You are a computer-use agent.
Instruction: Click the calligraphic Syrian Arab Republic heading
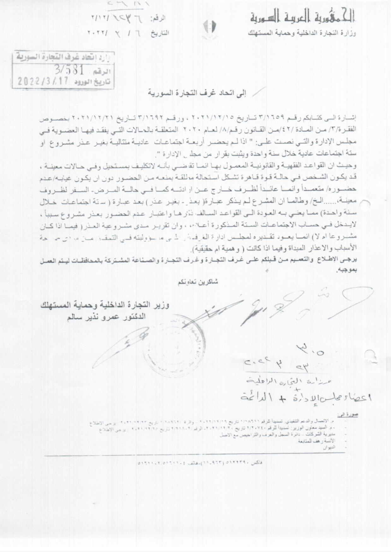tap(303, 17)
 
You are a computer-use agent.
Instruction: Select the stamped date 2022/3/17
tap(43, 81)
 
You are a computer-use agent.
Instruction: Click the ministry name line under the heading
tap(302, 33)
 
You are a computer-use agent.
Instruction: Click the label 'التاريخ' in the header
tap(160, 33)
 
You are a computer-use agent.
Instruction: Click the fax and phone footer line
tap(200, 463)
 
